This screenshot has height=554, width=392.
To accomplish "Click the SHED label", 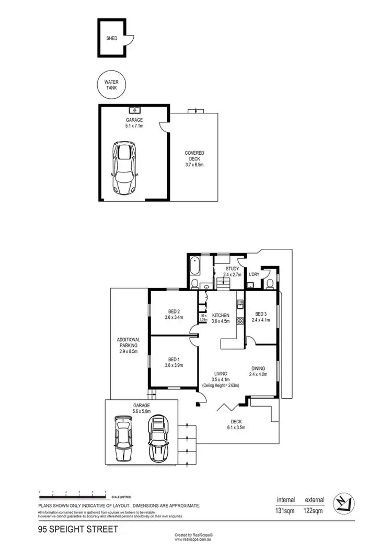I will click(112, 39).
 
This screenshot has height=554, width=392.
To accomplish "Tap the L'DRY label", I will click(254, 274).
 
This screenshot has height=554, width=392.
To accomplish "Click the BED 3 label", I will click(260, 314).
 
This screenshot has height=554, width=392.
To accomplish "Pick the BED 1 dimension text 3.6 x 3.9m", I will click(174, 365).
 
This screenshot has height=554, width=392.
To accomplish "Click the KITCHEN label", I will click(221, 316).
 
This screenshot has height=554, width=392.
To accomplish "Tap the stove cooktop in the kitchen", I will click(240, 320).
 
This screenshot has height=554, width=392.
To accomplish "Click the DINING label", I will click(259, 368).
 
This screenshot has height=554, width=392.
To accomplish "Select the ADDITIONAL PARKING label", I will click(129, 343).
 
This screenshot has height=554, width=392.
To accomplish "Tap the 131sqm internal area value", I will click(285, 512).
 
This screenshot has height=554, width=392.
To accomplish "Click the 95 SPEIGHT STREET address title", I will click(78, 529).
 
